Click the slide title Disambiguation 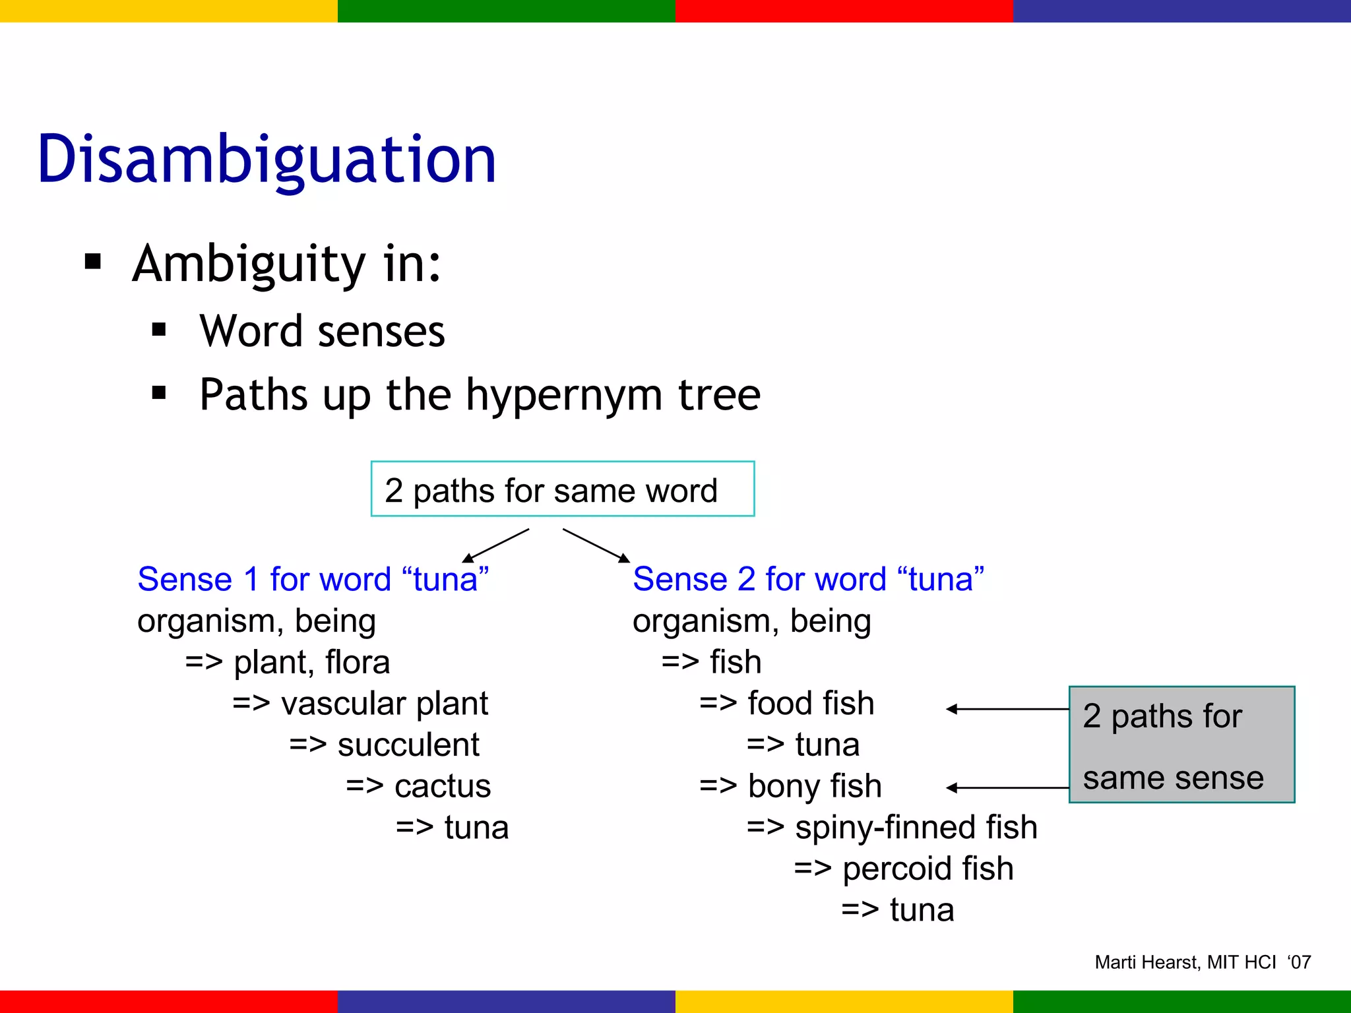(x=267, y=160)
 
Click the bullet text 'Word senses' (x=322, y=331)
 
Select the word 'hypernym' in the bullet (x=564, y=396)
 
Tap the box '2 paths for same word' (x=562, y=489)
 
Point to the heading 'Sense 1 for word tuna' (x=313, y=580)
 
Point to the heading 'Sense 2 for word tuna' (x=808, y=580)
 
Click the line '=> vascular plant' (x=360, y=704)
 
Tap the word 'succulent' (x=408, y=745)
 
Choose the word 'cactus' (x=443, y=786)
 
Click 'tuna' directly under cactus (x=476, y=828)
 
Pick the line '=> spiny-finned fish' (x=892, y=828)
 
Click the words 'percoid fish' (x=927, y=869)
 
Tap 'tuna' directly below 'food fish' (x=827, y=745)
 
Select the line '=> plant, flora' (x=288, y=662)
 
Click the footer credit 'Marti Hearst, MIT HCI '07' (x=1203, y=962)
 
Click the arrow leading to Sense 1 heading (x=496, y=545)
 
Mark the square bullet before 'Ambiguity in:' (x=93, y=262)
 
